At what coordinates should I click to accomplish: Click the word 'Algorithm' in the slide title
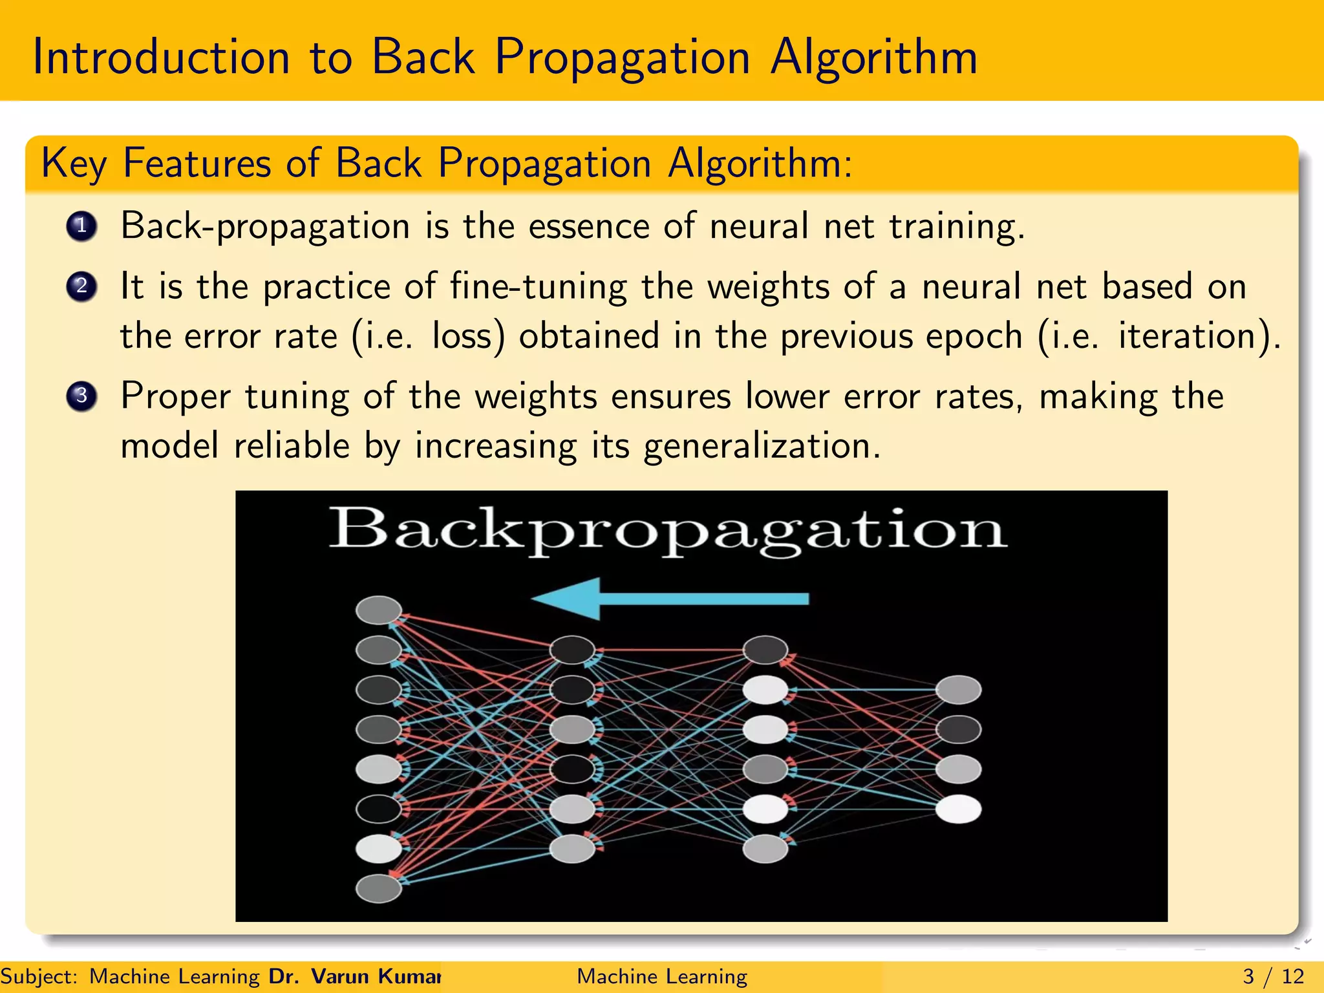pos(873,58)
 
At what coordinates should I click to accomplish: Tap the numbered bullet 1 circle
pos(81,227)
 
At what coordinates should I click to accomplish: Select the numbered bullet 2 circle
pos(81,286)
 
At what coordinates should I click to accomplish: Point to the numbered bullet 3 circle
pos(81,396)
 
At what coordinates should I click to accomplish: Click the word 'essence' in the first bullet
pos(588,227)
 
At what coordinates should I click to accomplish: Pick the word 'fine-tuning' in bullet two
pos(539,286)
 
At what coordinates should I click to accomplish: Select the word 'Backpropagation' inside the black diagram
pos(667,530)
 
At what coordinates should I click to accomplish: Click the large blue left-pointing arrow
pos(669,599)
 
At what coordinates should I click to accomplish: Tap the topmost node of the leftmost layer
pos(379,610)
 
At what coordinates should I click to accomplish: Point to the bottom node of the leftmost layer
pos(379,888)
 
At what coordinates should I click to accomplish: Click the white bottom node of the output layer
pos(959,809)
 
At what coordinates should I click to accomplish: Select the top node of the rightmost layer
pos(959,690)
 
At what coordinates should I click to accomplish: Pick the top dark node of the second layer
pos(572,650)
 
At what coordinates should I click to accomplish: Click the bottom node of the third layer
pos(765,848)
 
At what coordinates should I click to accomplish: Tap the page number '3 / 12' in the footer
pos(1273,976)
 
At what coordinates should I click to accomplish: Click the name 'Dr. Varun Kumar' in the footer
pos(354,976)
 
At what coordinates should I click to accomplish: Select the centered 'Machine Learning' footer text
pos(662,976)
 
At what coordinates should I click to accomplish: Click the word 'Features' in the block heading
pos(197,163)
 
